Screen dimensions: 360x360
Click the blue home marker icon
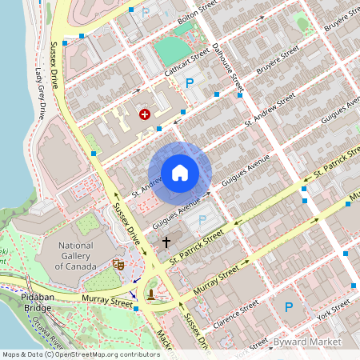tap(180, 173)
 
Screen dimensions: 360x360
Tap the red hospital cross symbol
tap(145, 114)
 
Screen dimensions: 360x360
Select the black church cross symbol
tap(166, 242)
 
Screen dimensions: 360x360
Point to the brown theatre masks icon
tap(118, 264)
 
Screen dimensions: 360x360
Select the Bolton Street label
tap(198, 10)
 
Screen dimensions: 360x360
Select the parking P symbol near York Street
tap(289, 306)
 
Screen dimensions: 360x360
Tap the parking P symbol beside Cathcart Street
tap(190, 83)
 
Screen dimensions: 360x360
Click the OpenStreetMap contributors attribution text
tap(80, 354)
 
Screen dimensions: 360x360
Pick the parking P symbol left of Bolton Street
tap(145, 11)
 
